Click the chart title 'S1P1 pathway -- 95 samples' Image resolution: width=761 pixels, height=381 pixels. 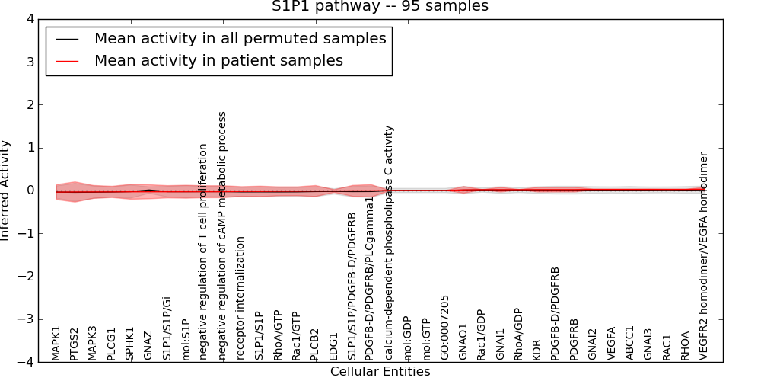point(380,7)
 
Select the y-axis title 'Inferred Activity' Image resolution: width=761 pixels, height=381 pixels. point(6,190)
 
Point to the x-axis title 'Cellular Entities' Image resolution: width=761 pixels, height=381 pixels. point(380,372)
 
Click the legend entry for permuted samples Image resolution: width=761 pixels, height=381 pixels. point(240,39)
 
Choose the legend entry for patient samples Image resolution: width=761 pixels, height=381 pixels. point(218,61)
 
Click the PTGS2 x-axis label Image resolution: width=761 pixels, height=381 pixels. point(75,343)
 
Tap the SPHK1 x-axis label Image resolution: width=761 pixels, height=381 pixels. point(130,344)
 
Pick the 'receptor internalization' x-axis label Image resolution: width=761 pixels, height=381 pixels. point(240,298)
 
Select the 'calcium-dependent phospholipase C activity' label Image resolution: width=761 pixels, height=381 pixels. point(389,242)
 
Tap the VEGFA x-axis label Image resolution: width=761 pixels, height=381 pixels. point(610,343)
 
